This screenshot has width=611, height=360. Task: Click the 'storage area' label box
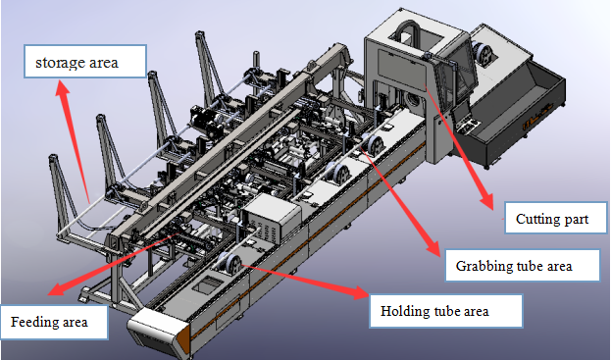point(85,61)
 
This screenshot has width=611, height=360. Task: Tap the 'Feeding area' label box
point(54,322)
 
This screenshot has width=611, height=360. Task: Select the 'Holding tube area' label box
point(446,311)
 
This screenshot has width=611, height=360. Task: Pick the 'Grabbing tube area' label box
point(523,266)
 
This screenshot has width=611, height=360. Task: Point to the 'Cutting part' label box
point(556,218)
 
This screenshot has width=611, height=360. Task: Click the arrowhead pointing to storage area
point(63,89)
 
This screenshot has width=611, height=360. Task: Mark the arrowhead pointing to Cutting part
point(486,202)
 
